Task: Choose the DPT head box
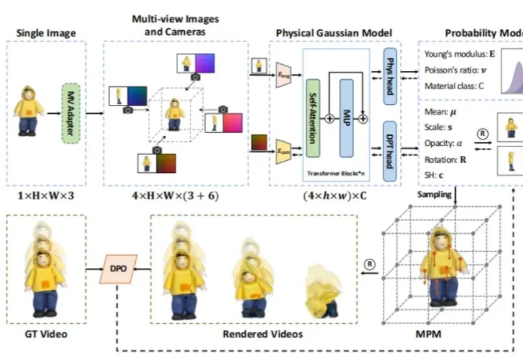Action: (x=389, y=151)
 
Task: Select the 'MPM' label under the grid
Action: (x=429, y=334)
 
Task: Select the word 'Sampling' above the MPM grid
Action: (x=434, y=195)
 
